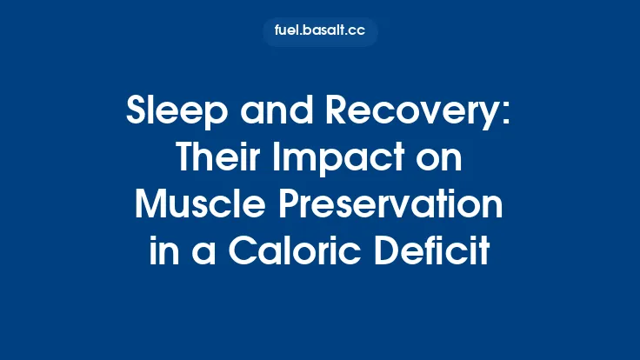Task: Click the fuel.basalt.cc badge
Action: click(x=320, y=32)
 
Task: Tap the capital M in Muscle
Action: click(x=149, y=206)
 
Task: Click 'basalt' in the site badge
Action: click(x=323, y=32)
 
